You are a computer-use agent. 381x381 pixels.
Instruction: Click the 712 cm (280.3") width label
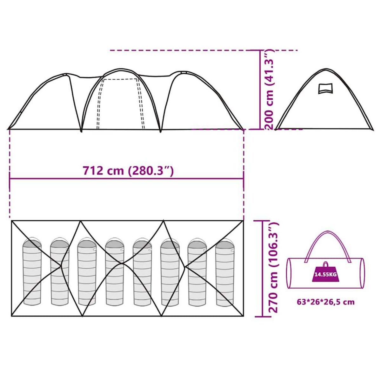point(128,171)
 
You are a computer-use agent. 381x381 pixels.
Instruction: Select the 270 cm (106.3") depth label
point(273,268)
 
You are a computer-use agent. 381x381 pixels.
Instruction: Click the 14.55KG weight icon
point(326,274)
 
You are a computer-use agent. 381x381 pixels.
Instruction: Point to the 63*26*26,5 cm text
point(325,302)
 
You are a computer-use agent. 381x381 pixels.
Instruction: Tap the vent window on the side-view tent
point(325,88)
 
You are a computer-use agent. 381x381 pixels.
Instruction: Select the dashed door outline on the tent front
point(121,102)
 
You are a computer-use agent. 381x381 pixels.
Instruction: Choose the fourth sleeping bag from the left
point(114,272)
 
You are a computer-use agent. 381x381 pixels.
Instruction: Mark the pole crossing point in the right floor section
point(185,266)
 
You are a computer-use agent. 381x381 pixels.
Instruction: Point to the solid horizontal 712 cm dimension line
point(127,179)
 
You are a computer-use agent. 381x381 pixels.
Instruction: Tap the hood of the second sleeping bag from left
point(59,243)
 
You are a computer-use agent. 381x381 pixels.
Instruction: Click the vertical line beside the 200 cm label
point(260,90)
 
